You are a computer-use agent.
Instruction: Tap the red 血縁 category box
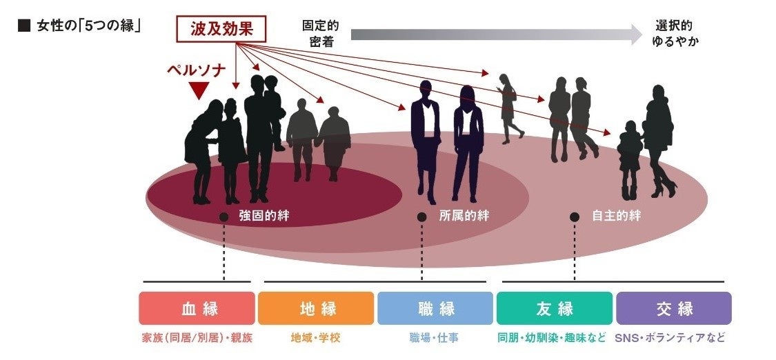pyautogui.click(x=197, y=308)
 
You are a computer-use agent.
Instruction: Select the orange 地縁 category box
pyautogui.click(x=316, y=308)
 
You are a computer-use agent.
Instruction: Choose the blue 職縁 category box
pyautogui.click(x=435, y=308)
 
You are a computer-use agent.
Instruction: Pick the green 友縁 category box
pyautogui.click(x=555, y=308)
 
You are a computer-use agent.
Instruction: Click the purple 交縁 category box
pyautogui.click(x=674, y=308)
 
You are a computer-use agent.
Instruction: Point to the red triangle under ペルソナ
pyautogui.click(x=199, y=90)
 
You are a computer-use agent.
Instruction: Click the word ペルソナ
pyautogui.click(x=199, y=71)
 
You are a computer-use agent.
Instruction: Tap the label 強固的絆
pyautogui.click(x=263, y=216)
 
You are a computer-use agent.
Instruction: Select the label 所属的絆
pyautogui.click(x=464, y=216)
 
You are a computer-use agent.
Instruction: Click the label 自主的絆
pyautogui.click(x=616, y=216)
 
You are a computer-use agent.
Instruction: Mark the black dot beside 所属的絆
pyautogui.click(x=421, y=217)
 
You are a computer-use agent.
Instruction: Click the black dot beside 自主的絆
pyautogui.click(x=574, y=217)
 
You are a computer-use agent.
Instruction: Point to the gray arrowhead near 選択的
pyautogui.click(x=636, y=34)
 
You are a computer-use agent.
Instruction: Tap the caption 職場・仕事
pyautogui.click(x=434, y=339)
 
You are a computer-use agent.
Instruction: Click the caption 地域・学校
pyautogui.click(x=316, y=339)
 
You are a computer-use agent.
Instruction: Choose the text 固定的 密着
pyautogui.click(x=320, y=33)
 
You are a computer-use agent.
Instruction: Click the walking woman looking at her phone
pyautogui.click(x=508, y=108)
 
